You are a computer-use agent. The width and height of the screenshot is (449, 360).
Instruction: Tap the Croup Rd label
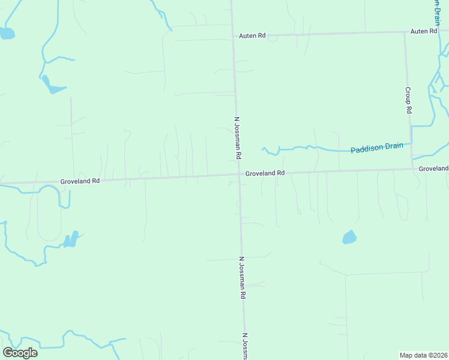point(408,100)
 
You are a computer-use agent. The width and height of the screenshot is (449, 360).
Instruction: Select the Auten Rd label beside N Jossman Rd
point(252,36)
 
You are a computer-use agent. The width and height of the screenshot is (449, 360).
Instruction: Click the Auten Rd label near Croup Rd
point(423,31)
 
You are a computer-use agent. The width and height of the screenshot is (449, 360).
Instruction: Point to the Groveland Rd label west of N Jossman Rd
point(79,180)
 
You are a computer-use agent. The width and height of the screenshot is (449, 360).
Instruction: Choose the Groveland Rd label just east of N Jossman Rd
point(264,173)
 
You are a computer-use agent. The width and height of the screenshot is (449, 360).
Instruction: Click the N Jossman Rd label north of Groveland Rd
point(238,137)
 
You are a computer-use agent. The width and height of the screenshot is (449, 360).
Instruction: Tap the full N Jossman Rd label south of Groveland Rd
point(243,278)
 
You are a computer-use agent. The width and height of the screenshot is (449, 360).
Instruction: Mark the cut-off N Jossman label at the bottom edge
point(245,347)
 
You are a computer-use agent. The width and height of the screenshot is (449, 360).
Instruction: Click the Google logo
point(20,352)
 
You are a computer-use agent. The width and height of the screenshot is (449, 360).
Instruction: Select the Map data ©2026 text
point(424,355)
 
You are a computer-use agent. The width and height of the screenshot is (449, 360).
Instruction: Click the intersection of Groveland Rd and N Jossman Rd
point(238,175)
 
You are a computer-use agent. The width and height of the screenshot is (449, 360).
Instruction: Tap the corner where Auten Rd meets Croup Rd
point(404,32)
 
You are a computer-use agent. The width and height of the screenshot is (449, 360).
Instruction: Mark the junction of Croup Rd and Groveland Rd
point(412,169)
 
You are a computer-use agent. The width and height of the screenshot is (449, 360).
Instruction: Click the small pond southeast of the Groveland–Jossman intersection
point(349,237)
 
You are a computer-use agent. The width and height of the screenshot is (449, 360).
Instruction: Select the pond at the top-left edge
point(7,33)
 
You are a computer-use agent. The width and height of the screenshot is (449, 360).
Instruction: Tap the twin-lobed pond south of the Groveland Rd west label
point(71,240)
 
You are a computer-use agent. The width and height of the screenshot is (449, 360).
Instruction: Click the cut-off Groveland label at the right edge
point(433,169)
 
